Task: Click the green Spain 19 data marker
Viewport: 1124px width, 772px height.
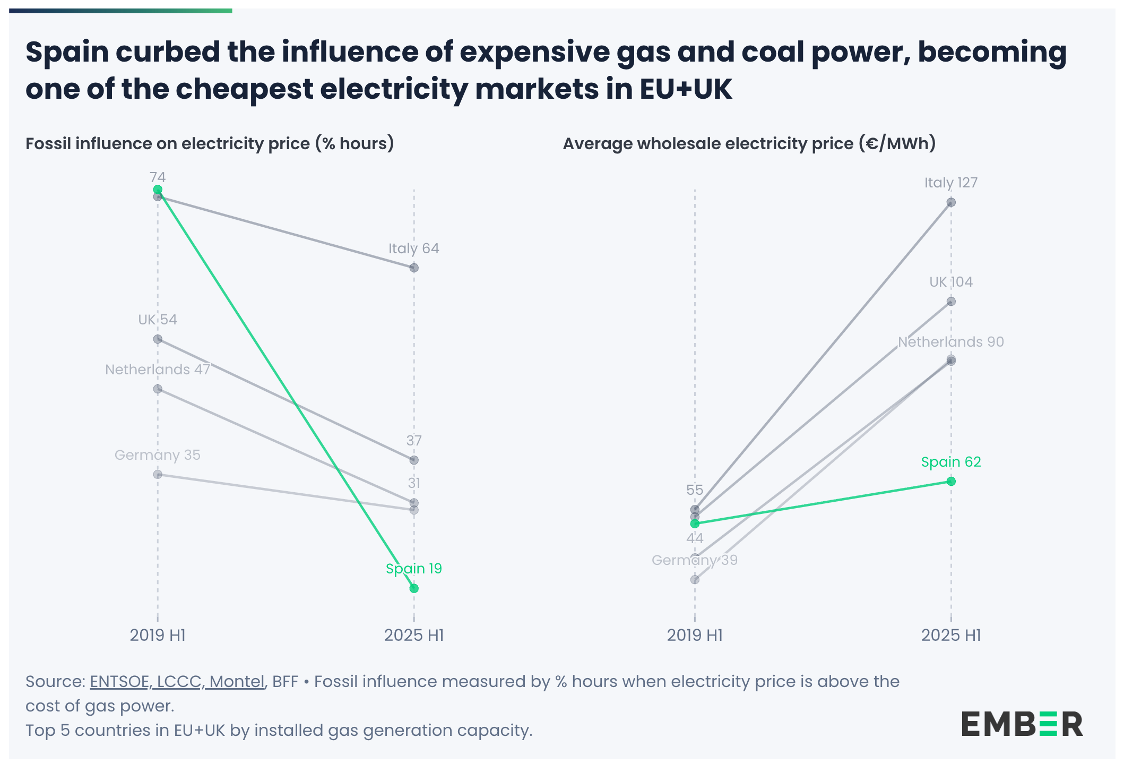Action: click(x=414, y=588)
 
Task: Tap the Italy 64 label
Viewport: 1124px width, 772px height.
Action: click(x=413, y=248)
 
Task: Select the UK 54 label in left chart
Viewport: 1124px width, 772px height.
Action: click(x=158, y=320)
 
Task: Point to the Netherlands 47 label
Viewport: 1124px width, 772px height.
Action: click(x=158, y=370)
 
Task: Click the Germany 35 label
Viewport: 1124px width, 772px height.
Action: click(x=158, y=455)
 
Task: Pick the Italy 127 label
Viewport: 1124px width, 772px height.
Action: click(x=950, y=183)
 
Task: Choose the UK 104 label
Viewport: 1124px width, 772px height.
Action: click(x=950, y=282)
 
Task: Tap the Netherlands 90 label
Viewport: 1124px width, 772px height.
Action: click(x=950, y=342)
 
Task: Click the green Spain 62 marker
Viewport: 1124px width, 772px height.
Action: click(x=951, y=481)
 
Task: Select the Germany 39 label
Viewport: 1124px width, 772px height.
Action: click(x=694, y=560)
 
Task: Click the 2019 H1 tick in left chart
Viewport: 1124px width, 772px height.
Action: click(x=158, y=635)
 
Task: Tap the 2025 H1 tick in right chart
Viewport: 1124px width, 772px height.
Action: click(x=950, y=635)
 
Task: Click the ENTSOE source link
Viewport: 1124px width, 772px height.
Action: click(x=119, y=682)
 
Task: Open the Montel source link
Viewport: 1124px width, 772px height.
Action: click(x=237, y=682)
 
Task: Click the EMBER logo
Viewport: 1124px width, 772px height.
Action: click(x=1022, y=724)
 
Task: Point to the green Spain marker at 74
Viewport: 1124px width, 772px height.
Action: click(x=158, y=190)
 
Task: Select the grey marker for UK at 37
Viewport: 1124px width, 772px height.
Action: click(x=414, y=460)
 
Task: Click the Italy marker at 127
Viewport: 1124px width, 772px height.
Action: click(x=951, y=202)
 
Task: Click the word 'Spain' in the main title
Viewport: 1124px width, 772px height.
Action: click(x=67, y=52)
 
